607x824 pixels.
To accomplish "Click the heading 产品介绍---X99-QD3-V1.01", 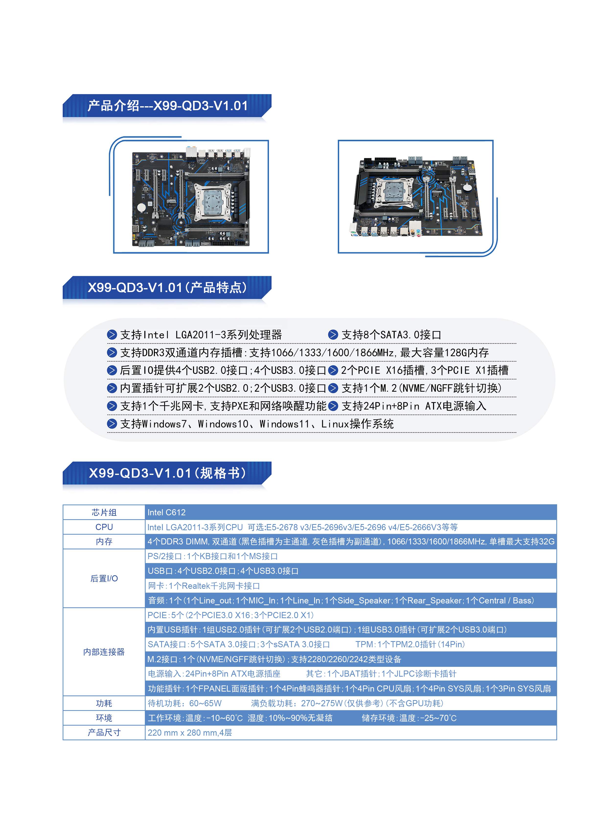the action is (x=168, y=106).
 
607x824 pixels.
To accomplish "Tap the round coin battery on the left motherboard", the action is (x=141, y=207).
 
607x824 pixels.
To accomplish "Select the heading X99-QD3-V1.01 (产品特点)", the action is (x=167, y=287).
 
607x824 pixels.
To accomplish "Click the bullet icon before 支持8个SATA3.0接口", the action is (x=333, y=335).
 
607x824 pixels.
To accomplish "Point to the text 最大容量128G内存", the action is (x=444, y=353).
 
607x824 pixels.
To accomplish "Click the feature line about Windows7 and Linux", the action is (x=257, y=424).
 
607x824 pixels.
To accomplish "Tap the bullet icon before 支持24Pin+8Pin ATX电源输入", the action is (x=333, y=406).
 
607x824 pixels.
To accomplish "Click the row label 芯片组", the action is (x=104, y=512).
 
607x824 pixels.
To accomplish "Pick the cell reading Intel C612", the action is (x=166, y=512).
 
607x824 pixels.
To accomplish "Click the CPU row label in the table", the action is (x=104, y=527).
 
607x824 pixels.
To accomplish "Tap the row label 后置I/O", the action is (x=104, y=578).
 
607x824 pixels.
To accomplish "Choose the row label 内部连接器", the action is (x=104, y=652).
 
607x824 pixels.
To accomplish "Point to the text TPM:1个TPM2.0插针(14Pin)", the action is (x=411, y=644).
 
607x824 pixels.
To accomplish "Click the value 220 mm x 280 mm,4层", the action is (x=190, y=732).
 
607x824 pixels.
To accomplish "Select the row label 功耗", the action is (x=104, y=703).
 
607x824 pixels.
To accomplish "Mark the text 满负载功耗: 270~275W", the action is (x=297, y=703).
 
